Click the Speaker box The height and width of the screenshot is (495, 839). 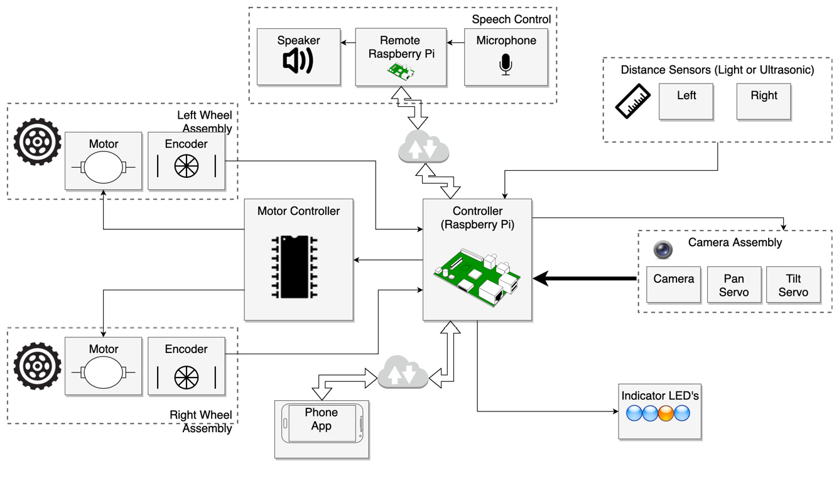tap(298, 57)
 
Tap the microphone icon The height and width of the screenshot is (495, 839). tap(506, 65)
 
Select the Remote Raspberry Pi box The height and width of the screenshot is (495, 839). tap(401, 57)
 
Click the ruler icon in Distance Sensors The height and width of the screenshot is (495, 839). tap(632, 101)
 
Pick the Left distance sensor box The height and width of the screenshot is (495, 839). tap(686, 101)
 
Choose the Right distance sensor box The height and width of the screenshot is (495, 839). tap(763, 101)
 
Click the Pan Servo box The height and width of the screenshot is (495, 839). tap(733, 285)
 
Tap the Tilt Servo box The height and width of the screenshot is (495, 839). tap(793, 285)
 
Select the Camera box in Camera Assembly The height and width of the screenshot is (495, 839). tap(673, 285)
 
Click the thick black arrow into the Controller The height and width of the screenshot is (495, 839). tap(584, 278)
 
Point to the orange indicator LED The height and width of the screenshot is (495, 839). tap(666, 413)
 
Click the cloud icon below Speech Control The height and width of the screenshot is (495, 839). tap(424, 148)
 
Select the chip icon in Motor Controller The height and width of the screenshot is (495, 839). tap(294, 266)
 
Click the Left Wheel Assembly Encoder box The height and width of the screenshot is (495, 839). tap(186, 161)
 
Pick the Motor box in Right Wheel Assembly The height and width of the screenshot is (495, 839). tap(104, 366)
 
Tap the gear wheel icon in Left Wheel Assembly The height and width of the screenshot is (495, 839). tap(38, 142)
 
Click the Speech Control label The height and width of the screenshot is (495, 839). tap(511, 19)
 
